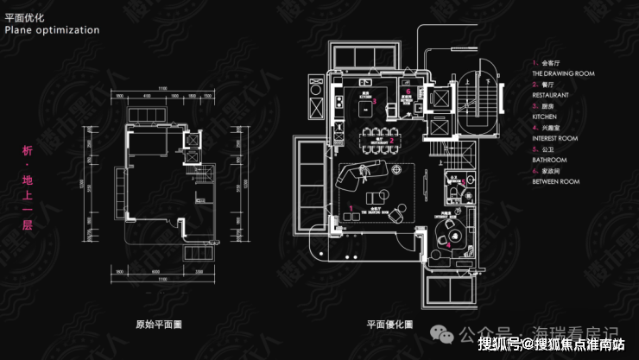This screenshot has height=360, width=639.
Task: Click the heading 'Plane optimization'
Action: click(x=52, y=29)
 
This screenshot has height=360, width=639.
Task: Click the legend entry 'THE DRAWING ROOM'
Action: click(x=563, y=74)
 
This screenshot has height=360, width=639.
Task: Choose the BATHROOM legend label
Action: click(x=549, y=161)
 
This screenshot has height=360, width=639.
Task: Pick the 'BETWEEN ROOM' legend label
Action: click(x=556, y=182)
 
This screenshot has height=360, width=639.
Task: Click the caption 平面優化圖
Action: click(x=389, y=325)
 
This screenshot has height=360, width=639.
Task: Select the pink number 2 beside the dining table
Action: click(x=391, y=139)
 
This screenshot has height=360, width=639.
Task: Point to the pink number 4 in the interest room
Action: click(x=448, y=244)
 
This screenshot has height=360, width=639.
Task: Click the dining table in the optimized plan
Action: click(x=373, y=139)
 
